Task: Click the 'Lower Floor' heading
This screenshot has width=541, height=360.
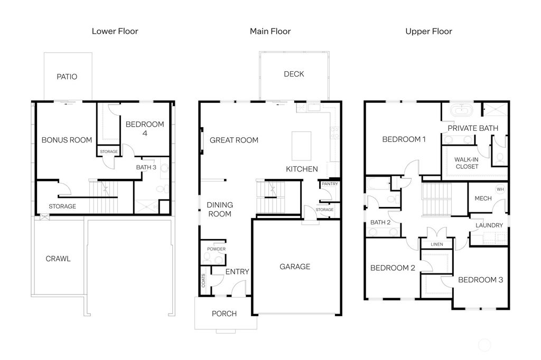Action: point(115,31)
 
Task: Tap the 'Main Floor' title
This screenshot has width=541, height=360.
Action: point(270,31)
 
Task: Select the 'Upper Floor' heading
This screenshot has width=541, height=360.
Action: point(428,31)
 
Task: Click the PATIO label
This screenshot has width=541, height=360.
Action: point(67,77)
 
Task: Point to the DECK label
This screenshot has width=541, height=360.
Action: point(294,74)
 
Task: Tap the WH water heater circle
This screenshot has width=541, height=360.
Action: point(500,189)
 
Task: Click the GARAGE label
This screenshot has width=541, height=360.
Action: point(295,267)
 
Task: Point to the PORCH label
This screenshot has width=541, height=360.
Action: point(224,314)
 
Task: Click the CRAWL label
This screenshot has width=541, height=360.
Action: point(58,259)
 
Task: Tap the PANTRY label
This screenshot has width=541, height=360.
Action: point(330,184)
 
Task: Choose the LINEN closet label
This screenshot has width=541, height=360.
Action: point(437,244)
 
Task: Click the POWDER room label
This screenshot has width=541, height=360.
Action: point(216,249)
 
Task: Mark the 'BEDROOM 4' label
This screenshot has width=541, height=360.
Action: point(144,129)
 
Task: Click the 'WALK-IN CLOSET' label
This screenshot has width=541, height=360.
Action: point(467,162)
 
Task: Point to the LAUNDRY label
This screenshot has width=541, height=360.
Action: point(489,225)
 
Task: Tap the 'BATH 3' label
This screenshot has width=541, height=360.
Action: point(146,167)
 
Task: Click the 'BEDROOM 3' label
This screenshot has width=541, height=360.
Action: point(480,280)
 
